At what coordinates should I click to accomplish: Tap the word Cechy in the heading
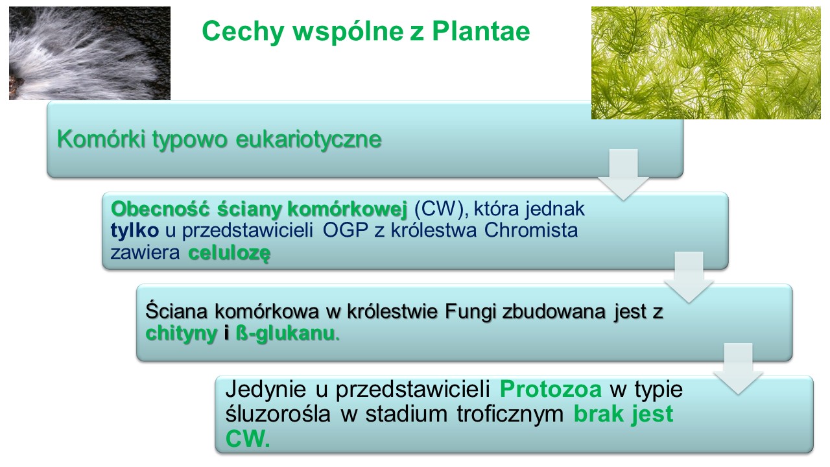tap(243, 32)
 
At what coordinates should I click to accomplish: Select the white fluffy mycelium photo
tap(89, 53)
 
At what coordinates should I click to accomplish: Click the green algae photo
tap(706, 63)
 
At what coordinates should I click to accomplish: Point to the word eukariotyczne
tap(308, 139)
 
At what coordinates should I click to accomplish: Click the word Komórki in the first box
tap(101, 139)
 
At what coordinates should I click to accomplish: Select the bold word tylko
tap(134, 230)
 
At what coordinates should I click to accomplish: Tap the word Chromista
tap(530, 230)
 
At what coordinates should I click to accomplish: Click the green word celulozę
tap(230, 253)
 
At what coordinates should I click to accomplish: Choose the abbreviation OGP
tap(346, 230)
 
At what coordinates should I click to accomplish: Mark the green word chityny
tap(181, 333)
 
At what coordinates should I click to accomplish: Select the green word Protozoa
tap(551, 389)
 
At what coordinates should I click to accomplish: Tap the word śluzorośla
tap(278, 414)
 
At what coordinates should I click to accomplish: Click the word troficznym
tap(510, 414)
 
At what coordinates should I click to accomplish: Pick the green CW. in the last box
tap(248, 438)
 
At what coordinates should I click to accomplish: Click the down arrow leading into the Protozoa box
tap(738, 369)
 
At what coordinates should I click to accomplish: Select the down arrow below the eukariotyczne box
tap(623, 175)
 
